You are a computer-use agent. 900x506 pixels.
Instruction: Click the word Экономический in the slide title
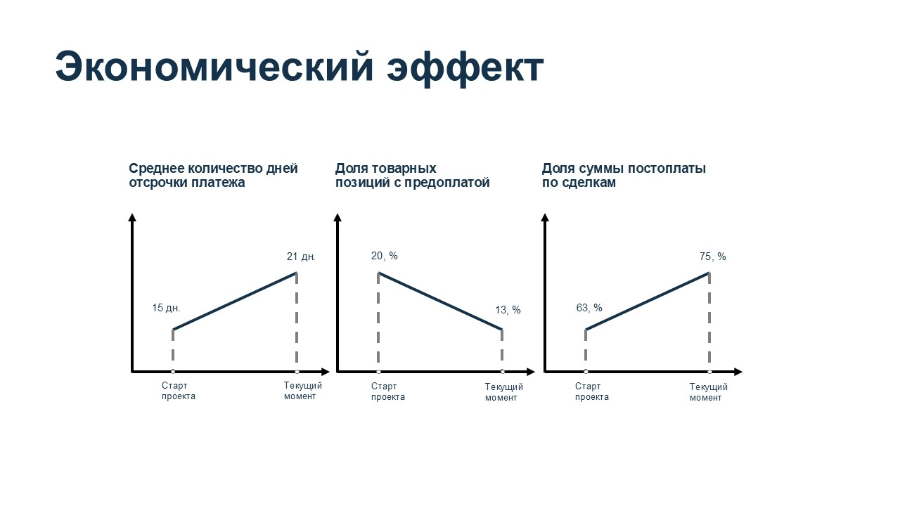(x=214, y=67)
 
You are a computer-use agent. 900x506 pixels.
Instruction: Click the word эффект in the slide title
(x=465, y=68)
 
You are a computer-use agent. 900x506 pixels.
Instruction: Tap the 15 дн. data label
(x=166, y=308)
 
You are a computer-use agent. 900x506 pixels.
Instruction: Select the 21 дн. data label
(x=301, y=257)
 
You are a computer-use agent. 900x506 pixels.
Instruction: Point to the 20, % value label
(x=384, y=256)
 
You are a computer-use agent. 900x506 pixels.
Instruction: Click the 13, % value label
(x=508, y=310)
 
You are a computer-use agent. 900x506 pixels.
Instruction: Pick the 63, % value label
(x=589, y=308)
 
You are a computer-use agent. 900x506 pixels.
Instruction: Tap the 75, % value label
(x=713, y=257)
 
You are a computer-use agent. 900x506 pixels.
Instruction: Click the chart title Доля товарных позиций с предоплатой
(x=412, y=175)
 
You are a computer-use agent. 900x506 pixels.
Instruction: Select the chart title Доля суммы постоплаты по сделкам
(x=624, y=175)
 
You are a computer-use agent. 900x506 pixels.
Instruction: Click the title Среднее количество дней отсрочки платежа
(x=213, y=175)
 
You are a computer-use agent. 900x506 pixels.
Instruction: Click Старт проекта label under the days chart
(x=179, y=391)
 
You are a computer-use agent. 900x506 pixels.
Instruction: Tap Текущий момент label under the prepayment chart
(x=504, y=392)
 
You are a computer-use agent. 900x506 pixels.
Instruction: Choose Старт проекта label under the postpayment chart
(x=592, y=391)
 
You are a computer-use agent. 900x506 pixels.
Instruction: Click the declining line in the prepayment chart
(x=440, y=301)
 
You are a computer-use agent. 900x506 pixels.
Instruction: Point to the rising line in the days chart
(x=235, y=301)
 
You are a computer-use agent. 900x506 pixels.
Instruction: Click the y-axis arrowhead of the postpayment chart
(x=545, y=217)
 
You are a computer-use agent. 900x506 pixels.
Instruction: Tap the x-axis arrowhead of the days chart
(x=326, y=372)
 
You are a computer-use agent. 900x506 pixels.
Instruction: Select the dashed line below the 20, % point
(x=378, y=322)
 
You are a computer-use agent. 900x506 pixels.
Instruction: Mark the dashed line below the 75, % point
(x=709, y=322)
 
